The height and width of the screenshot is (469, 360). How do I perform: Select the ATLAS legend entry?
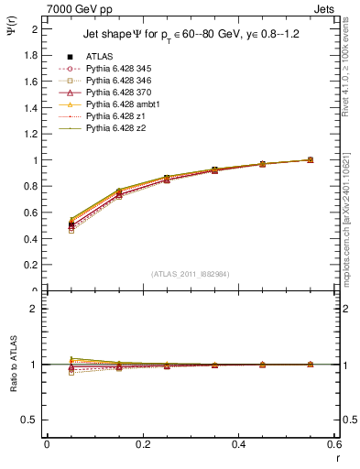coord(101,56)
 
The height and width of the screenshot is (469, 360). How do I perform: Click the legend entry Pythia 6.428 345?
coord(119,69)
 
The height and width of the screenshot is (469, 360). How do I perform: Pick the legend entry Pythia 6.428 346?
coord(119,81)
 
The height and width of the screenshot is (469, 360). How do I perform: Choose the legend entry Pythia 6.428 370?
coord(119,93)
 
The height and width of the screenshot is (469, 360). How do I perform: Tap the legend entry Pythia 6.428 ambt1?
coord(123,104)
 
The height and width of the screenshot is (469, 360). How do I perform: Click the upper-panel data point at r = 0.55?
coord(310,159)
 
